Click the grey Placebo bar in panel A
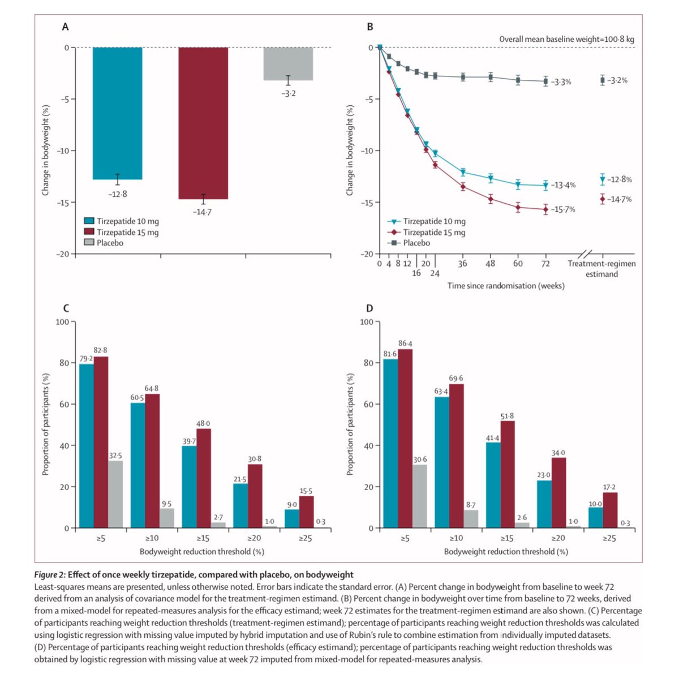coord(289,63)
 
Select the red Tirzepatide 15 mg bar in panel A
coord(203,123)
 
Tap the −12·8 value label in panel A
coord(118,194)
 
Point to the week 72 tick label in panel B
coord(545,263)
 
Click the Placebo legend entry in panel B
coord(416,243)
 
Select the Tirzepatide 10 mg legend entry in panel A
coord(127,221)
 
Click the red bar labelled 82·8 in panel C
coord(101,441)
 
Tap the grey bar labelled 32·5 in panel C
coord(115,494)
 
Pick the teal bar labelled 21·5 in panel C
coord(240,505)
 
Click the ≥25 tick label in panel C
coord(305,538)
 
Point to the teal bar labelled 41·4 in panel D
coord(493,485)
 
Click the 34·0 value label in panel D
coord(558,453)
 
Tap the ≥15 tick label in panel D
coord(507,538)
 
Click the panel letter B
coord(370,27)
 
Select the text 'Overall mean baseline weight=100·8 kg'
coord(566,39)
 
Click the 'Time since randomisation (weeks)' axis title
coord(506,286)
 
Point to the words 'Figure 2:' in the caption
coord(50,574)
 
